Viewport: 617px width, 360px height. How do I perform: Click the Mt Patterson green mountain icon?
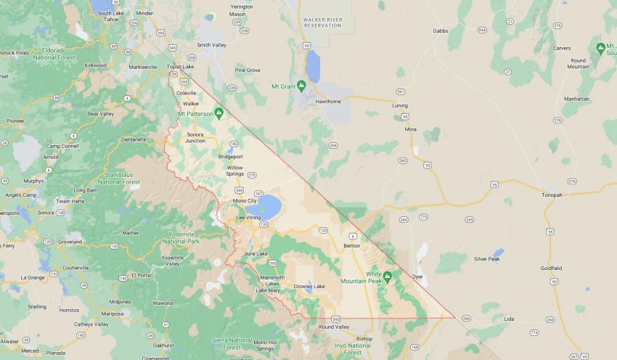coord(218,113)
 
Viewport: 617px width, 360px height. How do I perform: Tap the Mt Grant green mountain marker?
coord(301,86)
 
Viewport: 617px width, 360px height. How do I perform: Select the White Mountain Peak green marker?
coord(388,277)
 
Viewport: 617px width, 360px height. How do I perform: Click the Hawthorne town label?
coord(327,102)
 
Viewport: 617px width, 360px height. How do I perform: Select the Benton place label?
coord(351,246)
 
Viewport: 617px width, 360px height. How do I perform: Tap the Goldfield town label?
coord(551,268)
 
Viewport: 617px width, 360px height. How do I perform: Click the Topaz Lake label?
coord(180,67)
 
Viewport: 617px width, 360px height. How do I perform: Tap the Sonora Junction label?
coord(196,137)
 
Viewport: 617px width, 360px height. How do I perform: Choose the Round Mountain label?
coord(578,63)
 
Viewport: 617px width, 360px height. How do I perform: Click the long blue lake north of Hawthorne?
coord(313,67)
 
